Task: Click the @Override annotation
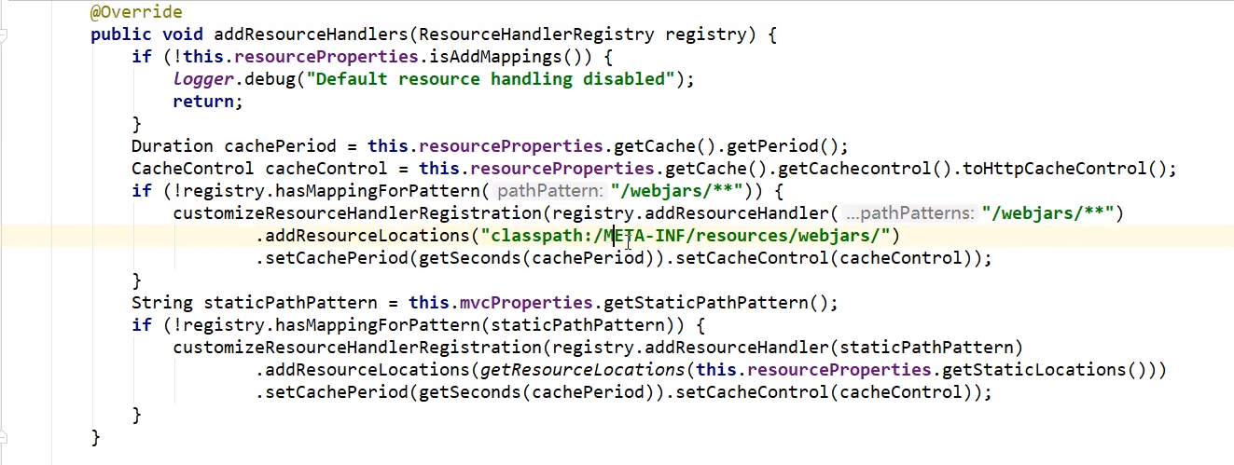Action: click(136, 12)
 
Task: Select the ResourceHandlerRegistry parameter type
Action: click(536, 34)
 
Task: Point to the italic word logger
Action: click(203, 79)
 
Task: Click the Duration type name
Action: click(173, 146)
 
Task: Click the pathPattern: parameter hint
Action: click(550, 191)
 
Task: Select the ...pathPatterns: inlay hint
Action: click(909, 213)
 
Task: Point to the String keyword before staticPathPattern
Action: click(162, 303)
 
